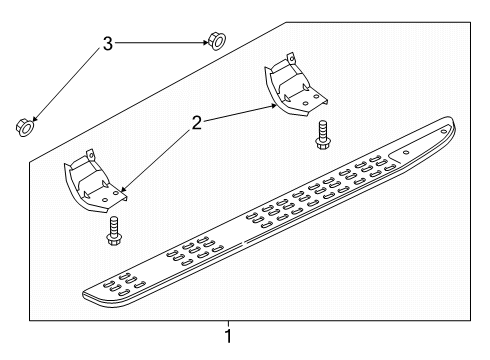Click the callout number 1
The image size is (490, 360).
coord(229,336)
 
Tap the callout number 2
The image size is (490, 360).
coord(197,124)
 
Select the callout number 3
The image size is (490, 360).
coord(107,43)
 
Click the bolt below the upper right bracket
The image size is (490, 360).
coord(322,135)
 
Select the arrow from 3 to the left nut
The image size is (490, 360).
coord(65,84)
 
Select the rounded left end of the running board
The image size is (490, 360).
coord(90,293)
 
